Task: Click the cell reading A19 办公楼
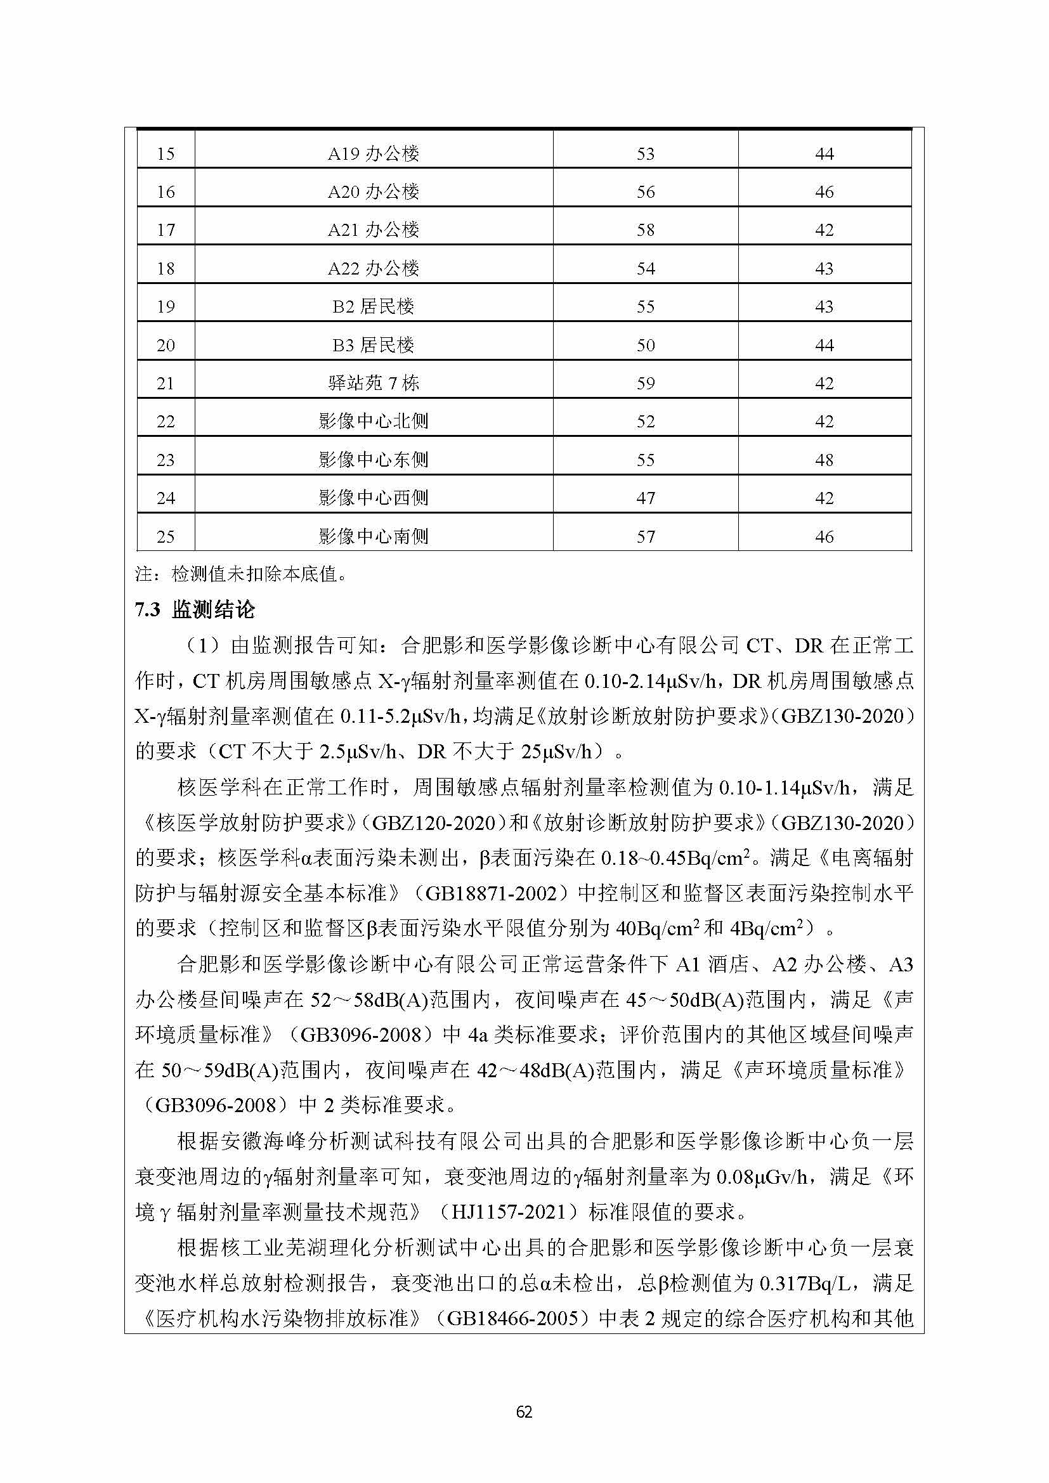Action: pos(374,153)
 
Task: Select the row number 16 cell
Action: pos(166,192)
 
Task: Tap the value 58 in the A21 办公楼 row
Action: pos(645,230)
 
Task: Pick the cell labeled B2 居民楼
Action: pos(374,307)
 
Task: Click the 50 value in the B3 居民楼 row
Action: pos(645,345)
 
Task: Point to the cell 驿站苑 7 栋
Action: pos(374,384)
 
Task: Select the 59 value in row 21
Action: pos(645,384)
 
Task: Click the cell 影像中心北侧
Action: pos(374,422)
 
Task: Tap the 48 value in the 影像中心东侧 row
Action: pos(824,460)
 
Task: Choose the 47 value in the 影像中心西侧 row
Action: pos(645,498)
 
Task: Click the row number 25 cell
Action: pos(166,537)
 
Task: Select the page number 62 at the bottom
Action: pos(524,1412)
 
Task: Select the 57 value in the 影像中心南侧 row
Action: pos(645,537)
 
